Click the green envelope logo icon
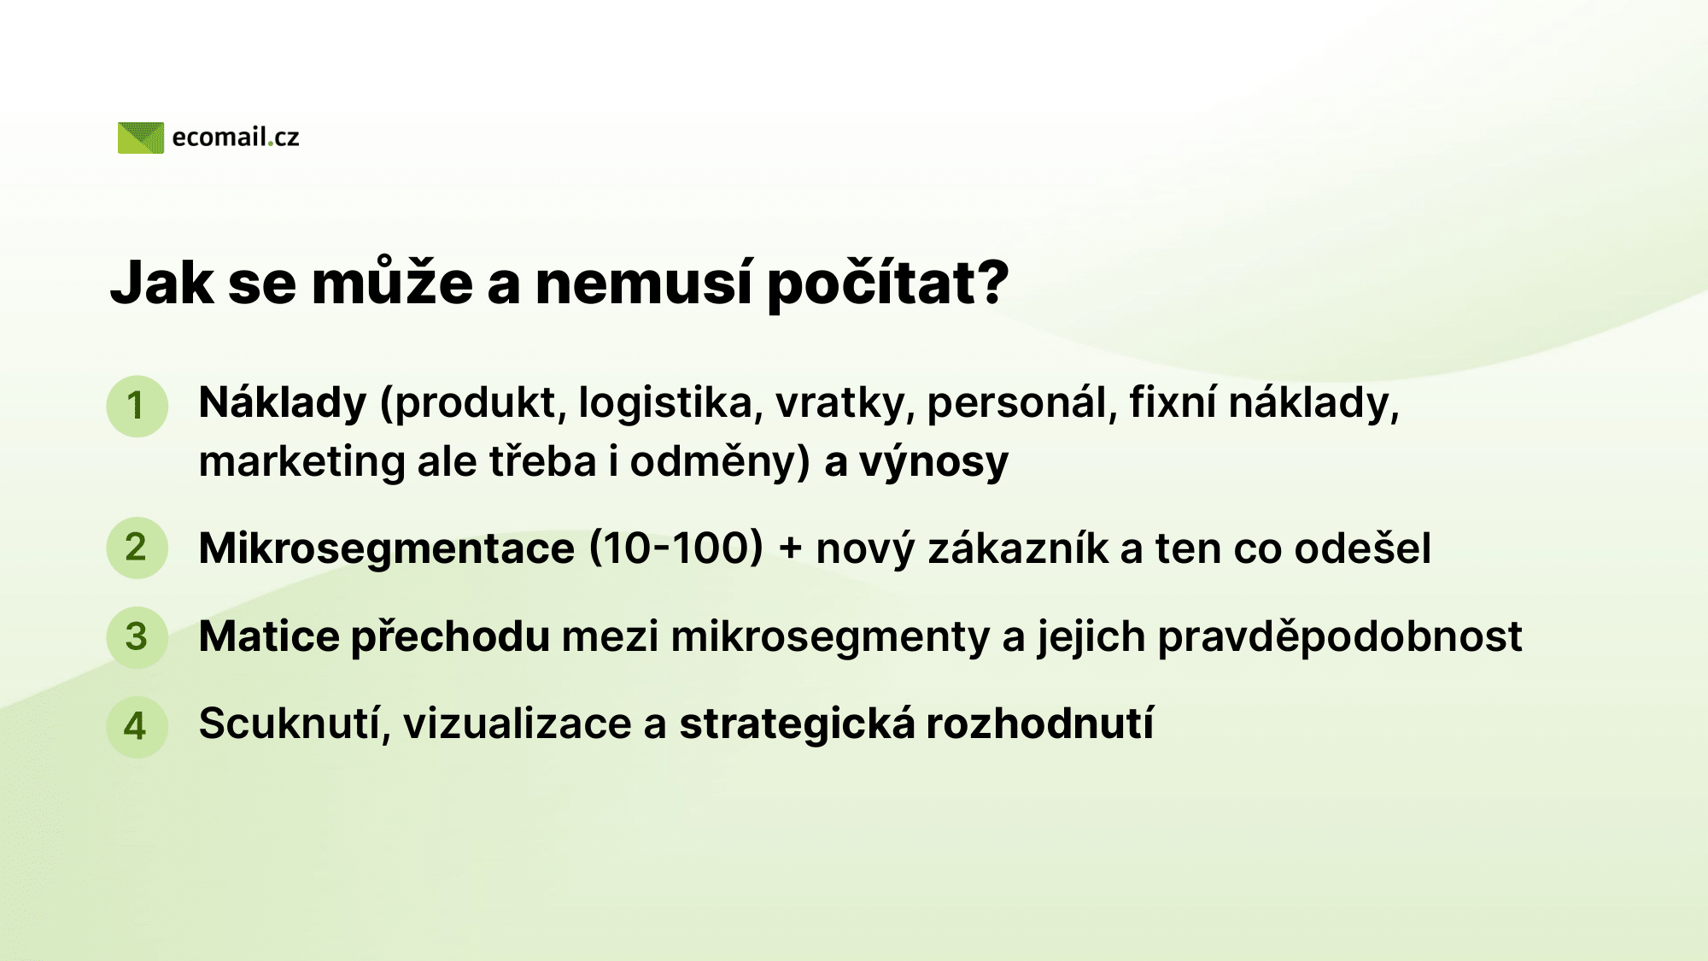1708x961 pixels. point(141,138)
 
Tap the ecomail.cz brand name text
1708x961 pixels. point(236,138)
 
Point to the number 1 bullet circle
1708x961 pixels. point(137,406)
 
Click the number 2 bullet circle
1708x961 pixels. point(137,548)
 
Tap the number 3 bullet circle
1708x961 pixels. point(137,636)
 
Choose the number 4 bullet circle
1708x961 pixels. point(137,726)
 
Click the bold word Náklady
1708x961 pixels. point(283,403)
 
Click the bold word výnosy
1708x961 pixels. point(933,463)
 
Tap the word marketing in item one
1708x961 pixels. point(301,463)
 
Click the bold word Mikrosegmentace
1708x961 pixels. point(387,548)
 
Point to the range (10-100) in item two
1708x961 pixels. point(676,548)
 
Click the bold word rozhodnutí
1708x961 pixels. point(1039,724)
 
